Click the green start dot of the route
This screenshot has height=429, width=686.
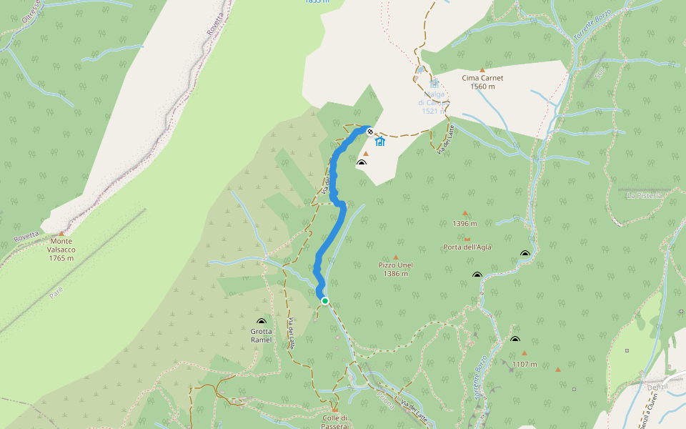(325, 301)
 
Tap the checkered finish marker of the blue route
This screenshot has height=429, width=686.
(369, 131)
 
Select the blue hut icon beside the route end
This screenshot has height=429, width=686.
(380, 142)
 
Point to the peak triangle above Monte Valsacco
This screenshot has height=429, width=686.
(61, 233)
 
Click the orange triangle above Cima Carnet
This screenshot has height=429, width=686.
(482, 69)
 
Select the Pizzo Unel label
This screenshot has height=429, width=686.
(395, 269)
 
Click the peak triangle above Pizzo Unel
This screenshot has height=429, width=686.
(395, 257)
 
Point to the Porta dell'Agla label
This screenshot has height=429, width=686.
(467, 248)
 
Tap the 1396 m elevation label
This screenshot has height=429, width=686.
(464, 223)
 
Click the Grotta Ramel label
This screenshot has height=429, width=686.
(261, 335)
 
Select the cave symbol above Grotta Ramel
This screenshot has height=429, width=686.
(261, 322)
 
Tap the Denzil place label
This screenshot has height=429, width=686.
(656, 387)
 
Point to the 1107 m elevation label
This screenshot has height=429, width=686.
(524, 364)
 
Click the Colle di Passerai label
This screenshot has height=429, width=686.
(334, 421)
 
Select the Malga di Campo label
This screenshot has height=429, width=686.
(434, 102)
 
